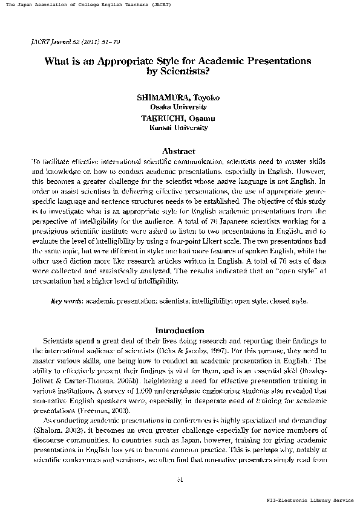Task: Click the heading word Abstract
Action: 179,151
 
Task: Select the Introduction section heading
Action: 180,331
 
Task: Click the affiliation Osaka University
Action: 179,106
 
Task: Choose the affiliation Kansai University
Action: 179,128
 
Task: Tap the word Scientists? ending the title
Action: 179,73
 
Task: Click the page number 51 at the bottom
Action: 179,480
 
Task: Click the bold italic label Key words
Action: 67,300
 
